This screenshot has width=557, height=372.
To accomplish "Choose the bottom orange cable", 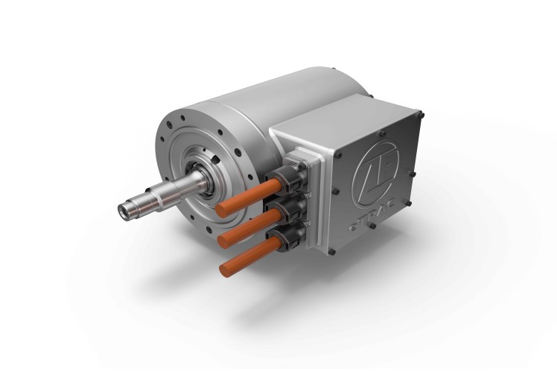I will pyautogui.click(x=249, y=257).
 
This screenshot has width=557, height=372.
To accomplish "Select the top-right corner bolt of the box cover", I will pyautogui.click(x=420, y=116).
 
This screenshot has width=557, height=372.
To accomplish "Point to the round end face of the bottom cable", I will pyautogui.click(x=224, y=268).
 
